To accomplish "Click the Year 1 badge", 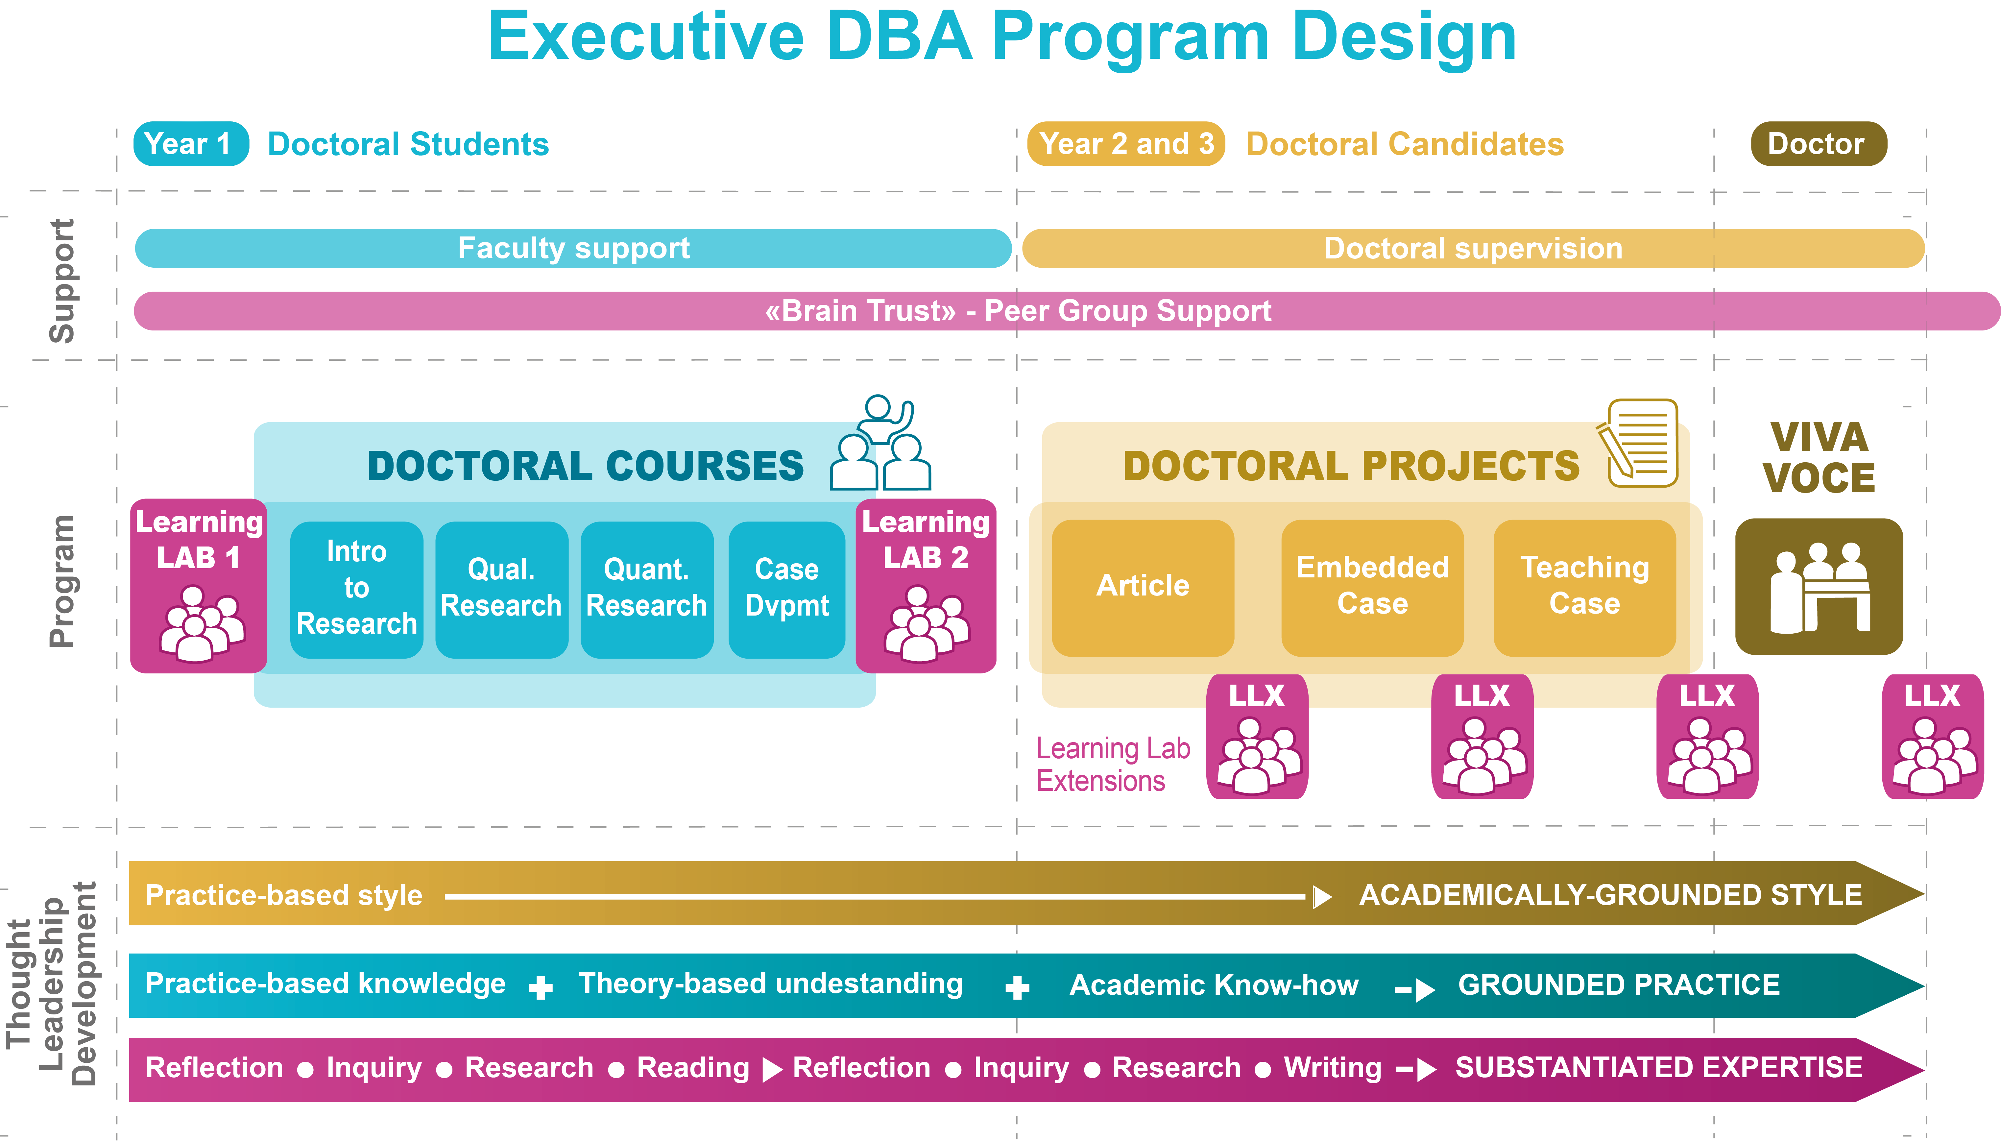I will pos(191,144).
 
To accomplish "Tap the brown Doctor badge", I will pos(1818,144).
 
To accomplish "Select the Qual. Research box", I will pos(501,588).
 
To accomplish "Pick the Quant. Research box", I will pos(646,588).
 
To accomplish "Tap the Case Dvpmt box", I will pos(786,588).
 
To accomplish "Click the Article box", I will pos(1143,587).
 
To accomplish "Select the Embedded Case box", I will pos(1372,587).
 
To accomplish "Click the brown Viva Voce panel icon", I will pos(1818,587).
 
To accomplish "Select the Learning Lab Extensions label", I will pos(1112,765).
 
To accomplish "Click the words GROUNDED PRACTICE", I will pos(1618,985).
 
